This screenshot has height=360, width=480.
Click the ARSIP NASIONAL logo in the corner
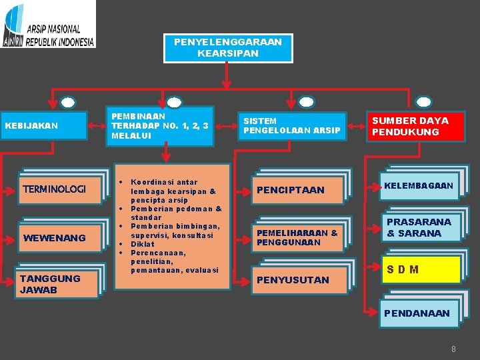coord(48,24)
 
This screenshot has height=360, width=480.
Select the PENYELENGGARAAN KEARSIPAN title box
coord(228,47)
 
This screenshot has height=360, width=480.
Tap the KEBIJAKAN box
coord(44,125)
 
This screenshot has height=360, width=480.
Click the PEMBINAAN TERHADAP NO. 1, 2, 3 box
coord(161,125)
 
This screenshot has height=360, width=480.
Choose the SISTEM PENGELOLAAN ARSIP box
coord(291,125)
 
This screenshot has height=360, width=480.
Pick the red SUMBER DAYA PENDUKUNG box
coord(417,126)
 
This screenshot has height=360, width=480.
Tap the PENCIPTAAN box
coord(297,190)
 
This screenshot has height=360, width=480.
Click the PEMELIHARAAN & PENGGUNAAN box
coord(297,237)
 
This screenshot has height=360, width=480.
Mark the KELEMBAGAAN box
coord(419,185)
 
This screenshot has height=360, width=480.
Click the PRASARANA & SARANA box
coord(419,227)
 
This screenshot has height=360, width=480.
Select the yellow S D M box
coord(421,270)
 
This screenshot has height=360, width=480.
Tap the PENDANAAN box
coord(419,313)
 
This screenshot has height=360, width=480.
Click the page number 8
coord(453,349)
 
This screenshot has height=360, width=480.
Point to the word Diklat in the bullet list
coord(143,244)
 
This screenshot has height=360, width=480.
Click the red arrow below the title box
coord(227,77)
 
